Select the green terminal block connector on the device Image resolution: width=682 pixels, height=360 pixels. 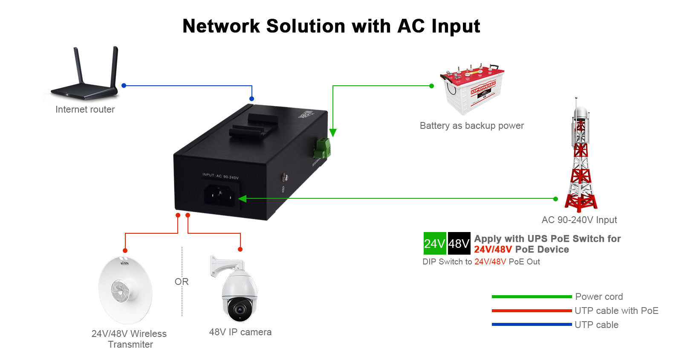[x=322, y=148]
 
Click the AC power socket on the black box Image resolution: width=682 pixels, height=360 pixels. [x=220, y=196]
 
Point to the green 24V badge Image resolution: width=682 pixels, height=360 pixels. [x=434, y=244]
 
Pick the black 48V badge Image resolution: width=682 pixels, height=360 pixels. [x=459, y=244]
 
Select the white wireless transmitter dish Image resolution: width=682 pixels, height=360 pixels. [x=125, y=290]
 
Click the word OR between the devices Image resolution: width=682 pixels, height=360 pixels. [x=182, y=282]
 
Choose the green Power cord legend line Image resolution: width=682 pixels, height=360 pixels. [x=531, y=296]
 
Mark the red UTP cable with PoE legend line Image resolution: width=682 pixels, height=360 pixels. [x=531, y=311]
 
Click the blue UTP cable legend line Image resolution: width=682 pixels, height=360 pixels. [x=531, y=325]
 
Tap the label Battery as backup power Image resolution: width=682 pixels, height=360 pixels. [x=471, y=125]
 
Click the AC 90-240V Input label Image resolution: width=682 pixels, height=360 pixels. [x=579, y=220]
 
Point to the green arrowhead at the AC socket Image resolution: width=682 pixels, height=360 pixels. [x=242, y=198]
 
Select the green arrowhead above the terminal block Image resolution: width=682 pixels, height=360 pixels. [x=332, y=133]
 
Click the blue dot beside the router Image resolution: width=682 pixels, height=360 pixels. [x=124, y=86]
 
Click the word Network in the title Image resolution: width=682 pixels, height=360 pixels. [x=221, y=26]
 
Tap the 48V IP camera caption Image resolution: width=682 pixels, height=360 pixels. [x=240, y=332]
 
